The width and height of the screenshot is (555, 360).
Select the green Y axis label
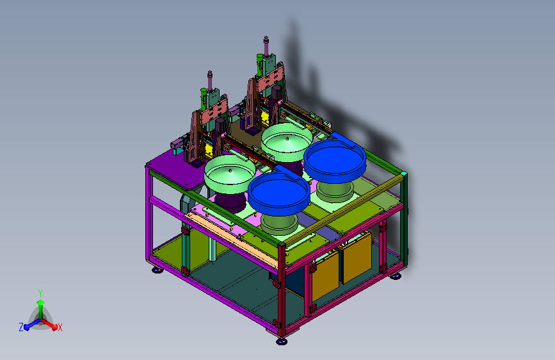point(40,293)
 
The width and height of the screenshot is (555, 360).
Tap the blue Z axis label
point(21,327)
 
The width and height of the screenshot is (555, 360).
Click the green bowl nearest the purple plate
point(230,174)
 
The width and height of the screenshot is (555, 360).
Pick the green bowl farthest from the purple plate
point(287,142)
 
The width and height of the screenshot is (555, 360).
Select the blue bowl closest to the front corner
point(279,193)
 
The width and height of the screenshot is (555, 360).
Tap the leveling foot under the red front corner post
point(282,341)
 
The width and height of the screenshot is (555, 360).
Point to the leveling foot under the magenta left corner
point(157,270)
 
